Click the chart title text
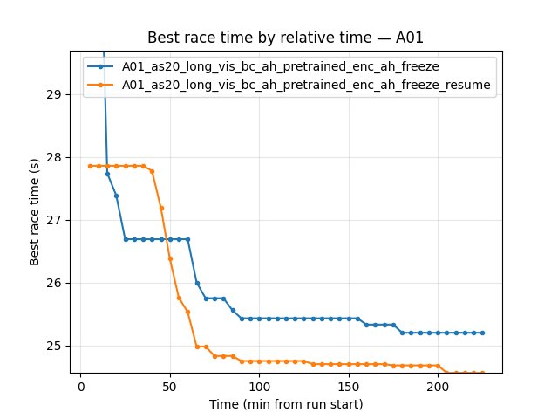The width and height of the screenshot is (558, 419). (278, 38)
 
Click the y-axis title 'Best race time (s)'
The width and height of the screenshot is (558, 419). (35, 211)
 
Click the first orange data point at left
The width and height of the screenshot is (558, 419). (90, 166)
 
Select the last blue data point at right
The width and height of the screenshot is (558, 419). (482, 333)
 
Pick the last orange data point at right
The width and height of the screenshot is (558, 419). (482, 373)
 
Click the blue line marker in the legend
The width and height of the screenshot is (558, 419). (102, 66)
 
